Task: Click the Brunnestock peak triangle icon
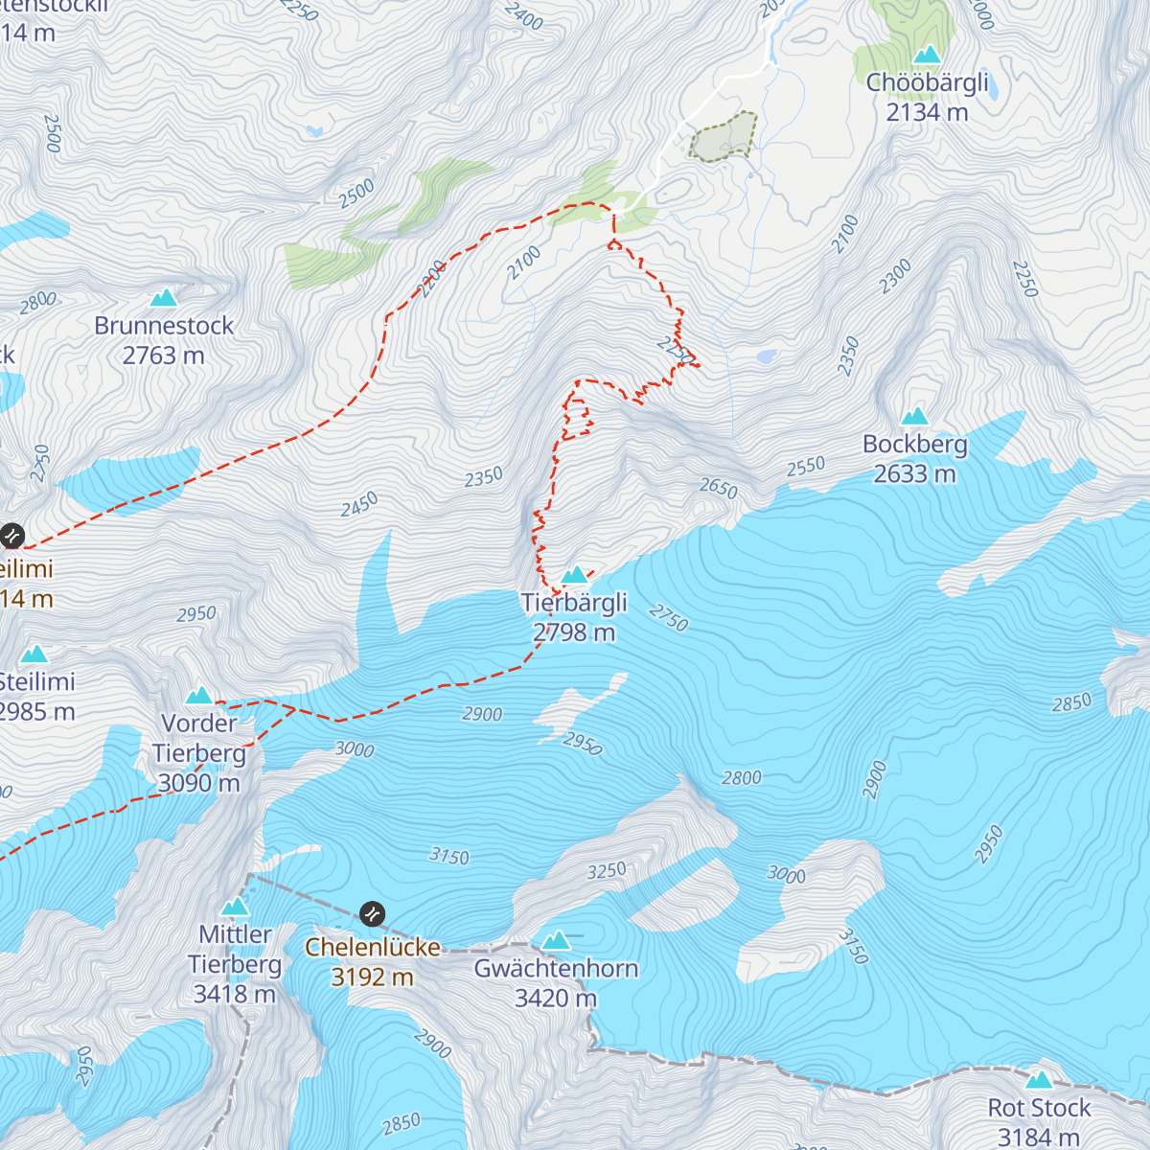click(164, 298)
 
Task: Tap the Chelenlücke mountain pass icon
click(372, 913)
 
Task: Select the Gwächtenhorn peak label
click(556, 969)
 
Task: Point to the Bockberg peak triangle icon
click(915, 416)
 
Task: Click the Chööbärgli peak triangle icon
click(927, 55)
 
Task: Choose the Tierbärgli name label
click(574, 603)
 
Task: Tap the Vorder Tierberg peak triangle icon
click(199, 696)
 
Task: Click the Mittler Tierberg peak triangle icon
click(235, 907)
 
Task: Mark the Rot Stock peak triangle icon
click(1039, 1080)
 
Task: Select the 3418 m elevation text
click(235, 995)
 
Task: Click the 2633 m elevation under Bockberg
click(914, 474)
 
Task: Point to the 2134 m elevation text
click(927, 112)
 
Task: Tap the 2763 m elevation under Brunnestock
click(164, 356)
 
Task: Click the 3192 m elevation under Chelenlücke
click(372, 977)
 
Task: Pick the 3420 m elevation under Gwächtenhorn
click(556, 999)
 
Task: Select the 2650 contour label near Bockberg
click(718, 489)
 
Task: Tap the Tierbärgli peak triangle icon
click(574, 575)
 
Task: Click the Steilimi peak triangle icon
click(34, 655)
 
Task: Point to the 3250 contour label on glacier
click(607, 871)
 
